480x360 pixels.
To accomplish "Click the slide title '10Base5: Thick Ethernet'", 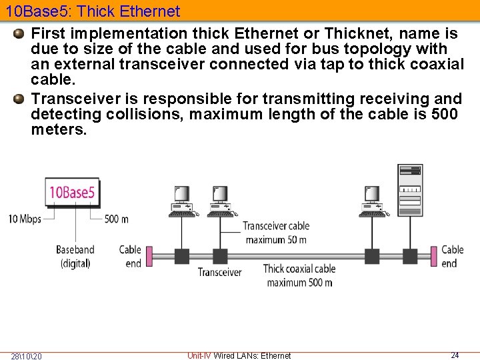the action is point(93,11).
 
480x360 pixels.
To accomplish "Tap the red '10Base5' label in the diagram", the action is point(72,193).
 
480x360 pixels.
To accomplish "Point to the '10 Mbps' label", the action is point(25,219).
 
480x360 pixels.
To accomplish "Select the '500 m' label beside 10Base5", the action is point(117,219).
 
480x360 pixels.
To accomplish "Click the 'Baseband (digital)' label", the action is point(75,256).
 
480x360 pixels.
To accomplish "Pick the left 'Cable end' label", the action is point(131,256).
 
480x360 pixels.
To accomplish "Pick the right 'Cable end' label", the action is point(453,256).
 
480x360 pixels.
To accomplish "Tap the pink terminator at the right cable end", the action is point(435,256).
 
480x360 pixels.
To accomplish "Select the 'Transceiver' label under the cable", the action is point(219,272).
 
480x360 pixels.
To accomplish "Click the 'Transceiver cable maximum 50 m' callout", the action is point(276,233).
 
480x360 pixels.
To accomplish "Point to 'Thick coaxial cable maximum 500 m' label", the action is point(299,275).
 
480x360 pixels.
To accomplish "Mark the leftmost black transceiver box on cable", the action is point(182,256).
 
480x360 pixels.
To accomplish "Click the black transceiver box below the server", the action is point(409,256).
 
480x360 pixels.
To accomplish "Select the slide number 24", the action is point(455,355).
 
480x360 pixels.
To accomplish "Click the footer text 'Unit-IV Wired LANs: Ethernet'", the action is point(239,355).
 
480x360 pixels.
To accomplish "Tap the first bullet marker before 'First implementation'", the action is point(19,33).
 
